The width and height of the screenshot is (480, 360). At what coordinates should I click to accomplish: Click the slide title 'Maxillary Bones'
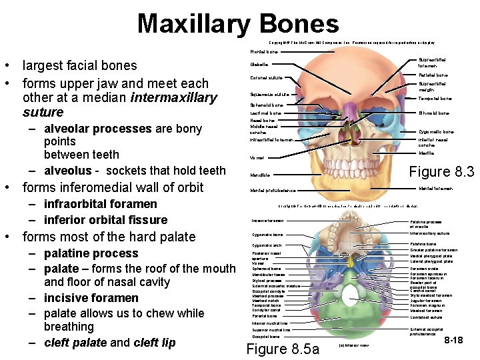click(238, 24)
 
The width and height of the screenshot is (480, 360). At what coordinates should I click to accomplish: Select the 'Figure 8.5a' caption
click(283, 349)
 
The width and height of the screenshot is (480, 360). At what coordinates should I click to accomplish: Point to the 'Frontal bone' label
click(263, 51)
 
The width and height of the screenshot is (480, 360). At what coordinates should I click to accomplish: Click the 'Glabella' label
click(259, 65)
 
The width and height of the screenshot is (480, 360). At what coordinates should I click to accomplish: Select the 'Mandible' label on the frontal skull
click(259, 175)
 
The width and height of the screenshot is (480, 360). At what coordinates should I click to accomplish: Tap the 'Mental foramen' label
click(436, 189)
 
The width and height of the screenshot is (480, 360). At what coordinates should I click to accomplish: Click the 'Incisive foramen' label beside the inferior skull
click(268, 221)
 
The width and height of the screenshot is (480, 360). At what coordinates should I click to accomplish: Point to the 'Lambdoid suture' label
click(427, 317)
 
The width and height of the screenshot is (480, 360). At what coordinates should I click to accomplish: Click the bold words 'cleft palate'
click(73, 343)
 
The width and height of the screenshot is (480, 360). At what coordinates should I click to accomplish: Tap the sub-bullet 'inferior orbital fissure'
click(105, 220)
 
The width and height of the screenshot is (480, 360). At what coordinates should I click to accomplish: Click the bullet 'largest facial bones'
click(79, 66)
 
